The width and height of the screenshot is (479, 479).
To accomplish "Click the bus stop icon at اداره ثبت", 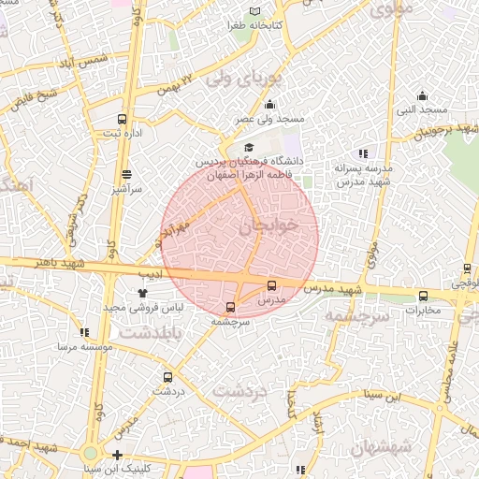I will [x=122, y=119].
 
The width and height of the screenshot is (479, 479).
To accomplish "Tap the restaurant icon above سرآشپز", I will [x=127, y=173].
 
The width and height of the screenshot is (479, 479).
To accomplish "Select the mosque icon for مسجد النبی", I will [x=422, y=95].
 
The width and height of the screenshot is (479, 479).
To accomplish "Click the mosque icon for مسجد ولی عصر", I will [x=270, y=104].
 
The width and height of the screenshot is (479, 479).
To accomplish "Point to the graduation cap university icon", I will [x=249, y=148].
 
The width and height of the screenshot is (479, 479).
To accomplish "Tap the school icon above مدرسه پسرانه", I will [x=363, y=153].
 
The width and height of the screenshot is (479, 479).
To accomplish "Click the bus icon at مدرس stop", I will [x=272, y=285].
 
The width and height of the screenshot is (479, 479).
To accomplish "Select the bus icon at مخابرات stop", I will [x=423, y=297].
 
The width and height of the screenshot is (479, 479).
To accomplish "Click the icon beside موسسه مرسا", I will [x=85, y=332].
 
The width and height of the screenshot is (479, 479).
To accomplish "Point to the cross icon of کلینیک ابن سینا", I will [x=117, y=455].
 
